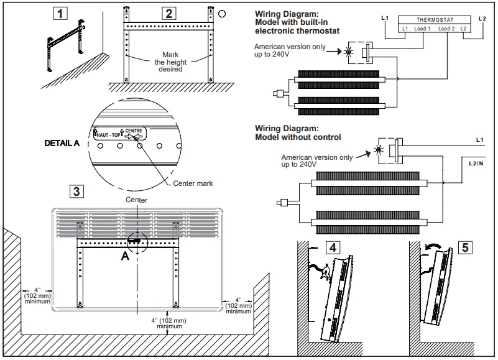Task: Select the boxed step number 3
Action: point(76,191)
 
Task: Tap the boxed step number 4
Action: point(333,247)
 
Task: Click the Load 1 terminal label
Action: point(423,29)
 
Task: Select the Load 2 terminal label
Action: point(446,29)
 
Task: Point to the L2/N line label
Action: point(477,162)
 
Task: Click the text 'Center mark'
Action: point(193,183)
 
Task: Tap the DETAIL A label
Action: point(62,143)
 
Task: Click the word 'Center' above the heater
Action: point(136,200)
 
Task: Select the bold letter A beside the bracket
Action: point(125,257)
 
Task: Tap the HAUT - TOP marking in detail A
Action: point(107,134)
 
